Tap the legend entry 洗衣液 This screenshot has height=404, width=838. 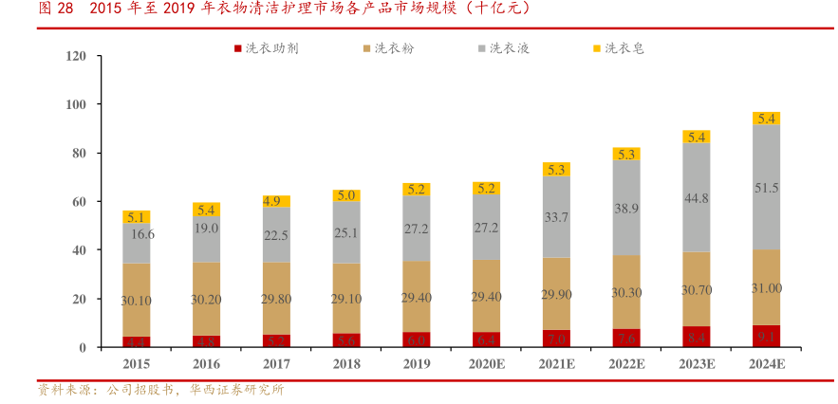(509, 47)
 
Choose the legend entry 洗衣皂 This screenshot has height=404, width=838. (624, 47)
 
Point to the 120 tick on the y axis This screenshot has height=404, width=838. (103, 57)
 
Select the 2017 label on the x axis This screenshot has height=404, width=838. (277, 364)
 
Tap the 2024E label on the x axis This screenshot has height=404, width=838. (766, 364)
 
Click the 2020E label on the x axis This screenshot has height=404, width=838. (486, 364)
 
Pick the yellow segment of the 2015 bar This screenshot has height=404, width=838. (137, 217)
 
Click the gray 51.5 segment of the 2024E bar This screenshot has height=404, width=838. (766, 188)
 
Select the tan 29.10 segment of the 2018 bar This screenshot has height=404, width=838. (346, 298)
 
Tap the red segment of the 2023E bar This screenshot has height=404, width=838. (697, 337)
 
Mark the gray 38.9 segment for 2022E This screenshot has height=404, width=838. (626, 208)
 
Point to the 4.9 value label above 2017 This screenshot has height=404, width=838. (276, 201)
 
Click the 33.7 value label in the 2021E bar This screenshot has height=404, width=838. (556, 217)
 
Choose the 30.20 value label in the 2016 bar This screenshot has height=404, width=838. (207, 299)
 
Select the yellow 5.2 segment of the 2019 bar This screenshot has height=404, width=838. (417, 189)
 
